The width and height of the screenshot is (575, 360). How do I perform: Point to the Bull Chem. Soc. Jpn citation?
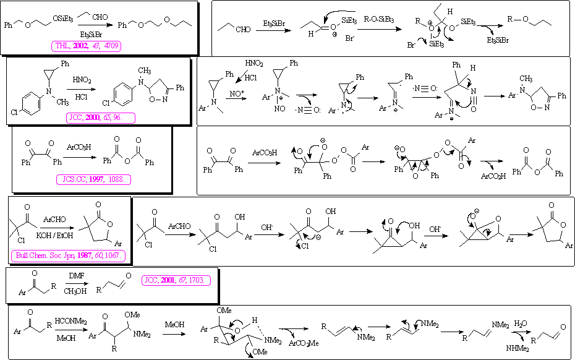pos(69,255)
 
